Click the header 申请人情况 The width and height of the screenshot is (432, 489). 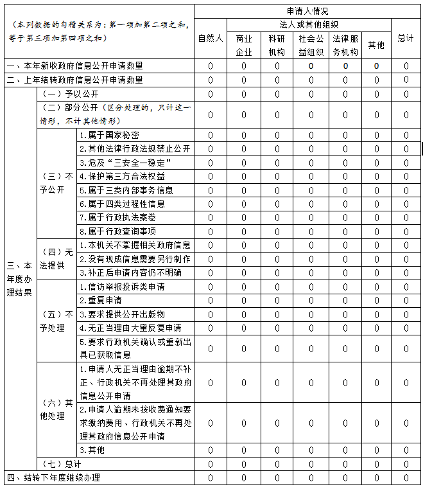point(307,11)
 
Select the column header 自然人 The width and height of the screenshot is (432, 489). point(210,39)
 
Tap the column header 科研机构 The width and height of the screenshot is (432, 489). point(277,45)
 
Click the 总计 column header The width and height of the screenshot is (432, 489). point(405,39)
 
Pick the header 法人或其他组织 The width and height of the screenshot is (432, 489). point(307,25)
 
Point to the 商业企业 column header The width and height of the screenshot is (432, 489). point(243,45)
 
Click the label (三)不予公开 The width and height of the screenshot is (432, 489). point(56,183)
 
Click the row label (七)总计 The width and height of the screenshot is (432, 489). point(62,464)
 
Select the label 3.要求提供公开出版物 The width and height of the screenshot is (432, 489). point(121,314)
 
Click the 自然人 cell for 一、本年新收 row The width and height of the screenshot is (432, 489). point(210,66)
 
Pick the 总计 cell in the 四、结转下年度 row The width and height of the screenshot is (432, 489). point(405,477)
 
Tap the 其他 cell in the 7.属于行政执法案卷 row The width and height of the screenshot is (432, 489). point(376,218)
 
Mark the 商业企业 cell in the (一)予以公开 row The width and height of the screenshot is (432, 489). point(243,94)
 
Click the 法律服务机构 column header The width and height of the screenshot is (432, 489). point(345,45)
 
